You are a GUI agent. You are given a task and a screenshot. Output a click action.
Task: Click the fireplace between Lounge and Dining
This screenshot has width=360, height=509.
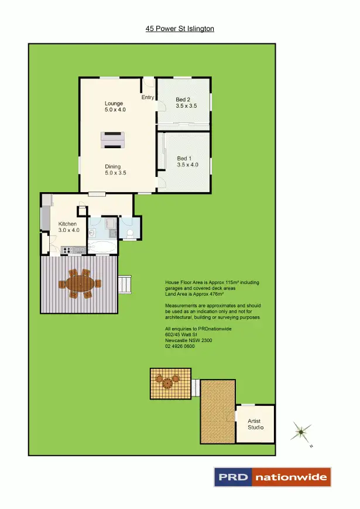pyautogui.click(x=114, y=139)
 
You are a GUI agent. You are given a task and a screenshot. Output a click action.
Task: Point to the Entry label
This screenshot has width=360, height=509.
pyautogui.click(x=148, y=98)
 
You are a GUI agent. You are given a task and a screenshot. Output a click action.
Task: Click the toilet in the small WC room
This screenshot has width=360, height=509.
pyautogui.click(x=130, y=234)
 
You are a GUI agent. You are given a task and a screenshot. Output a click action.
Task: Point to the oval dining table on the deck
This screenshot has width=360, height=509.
pyautogui.click(x=79, y=284)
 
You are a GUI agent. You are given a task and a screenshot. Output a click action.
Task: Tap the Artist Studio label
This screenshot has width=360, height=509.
pyautogui.click(x=254, y=424)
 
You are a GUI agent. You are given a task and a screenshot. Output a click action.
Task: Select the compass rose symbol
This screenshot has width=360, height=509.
pyautogui.click(x=301, y=432)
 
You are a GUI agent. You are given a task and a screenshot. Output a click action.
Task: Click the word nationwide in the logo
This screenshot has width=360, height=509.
pyautogui.click(x=291, y=477)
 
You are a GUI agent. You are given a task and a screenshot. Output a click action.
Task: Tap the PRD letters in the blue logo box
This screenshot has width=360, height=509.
pyautogui.click(x=233, y=477)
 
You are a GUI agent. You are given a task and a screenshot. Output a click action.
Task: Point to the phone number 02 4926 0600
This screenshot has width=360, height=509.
pyautogui.click(x=180, y=347)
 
